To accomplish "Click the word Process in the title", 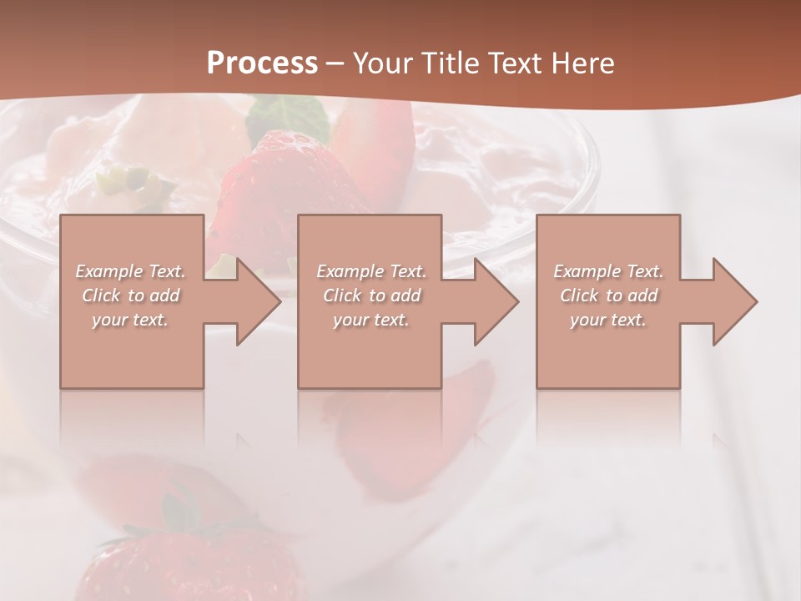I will (262, 63).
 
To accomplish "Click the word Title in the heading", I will (447, 63).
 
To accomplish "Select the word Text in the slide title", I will (513, 63).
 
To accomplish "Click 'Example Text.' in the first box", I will (130, 271).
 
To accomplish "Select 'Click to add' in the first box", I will (130, 295).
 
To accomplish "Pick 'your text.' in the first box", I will (130, 320).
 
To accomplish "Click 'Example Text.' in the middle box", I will (371, 271).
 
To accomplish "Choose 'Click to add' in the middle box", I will (371, 295).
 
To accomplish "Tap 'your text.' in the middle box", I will (371, 320).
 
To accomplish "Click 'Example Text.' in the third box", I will (608, 271).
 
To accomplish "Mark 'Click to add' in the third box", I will (608, 295).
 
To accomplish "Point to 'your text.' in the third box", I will (608, 320).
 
